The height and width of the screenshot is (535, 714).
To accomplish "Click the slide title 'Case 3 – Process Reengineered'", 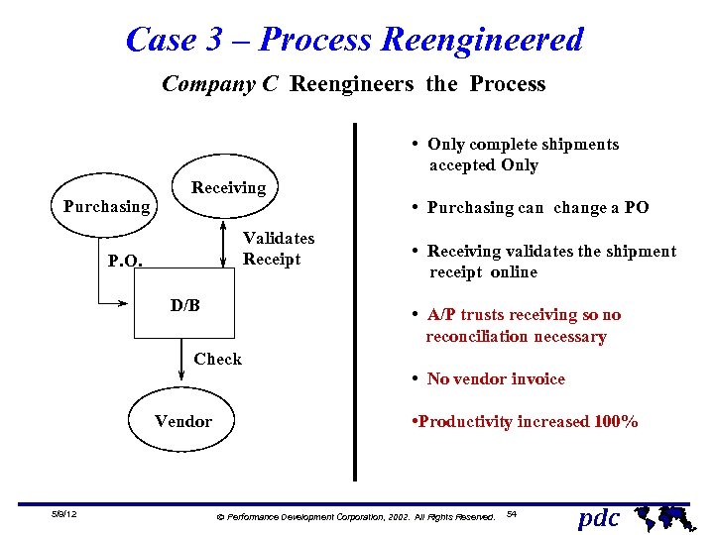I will click(355, 40).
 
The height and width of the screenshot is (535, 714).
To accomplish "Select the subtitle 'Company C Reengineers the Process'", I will click(353, 84).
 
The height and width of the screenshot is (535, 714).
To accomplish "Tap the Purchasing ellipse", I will click(106, 207).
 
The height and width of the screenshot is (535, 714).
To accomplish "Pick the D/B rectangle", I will click(185, 306).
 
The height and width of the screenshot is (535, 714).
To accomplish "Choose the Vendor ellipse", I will click(183, 422).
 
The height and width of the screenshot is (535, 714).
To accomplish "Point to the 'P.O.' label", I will click(125, 263).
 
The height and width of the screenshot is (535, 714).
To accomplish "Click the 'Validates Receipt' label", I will click(279, 249).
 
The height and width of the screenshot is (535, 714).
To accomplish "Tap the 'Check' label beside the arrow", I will click(217, 359).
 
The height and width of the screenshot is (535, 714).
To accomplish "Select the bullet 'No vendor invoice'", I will click(495, 378).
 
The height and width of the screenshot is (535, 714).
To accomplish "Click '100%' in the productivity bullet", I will click(616, 422).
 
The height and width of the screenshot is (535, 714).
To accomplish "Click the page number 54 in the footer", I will click(512, 514).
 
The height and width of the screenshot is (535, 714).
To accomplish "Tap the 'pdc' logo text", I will click(599, 517).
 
